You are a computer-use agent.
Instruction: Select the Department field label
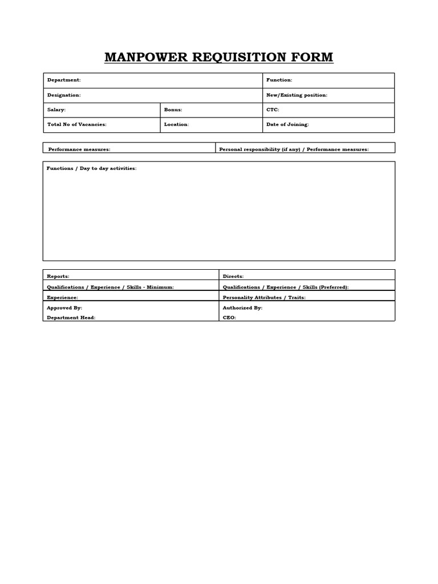click(x=64, y=80)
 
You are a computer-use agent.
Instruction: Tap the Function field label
click(x=279, y=80)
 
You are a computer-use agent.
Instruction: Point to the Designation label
click(x=64, y=95)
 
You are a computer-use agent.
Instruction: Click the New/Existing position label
click(x=297, y=95)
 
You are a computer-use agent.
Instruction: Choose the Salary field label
click(x=56, y=109)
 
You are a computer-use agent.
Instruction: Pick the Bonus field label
click(x=173, y=109)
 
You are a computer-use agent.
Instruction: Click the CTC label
click(x=273, y=109)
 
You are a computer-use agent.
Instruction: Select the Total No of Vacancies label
click(x=76, y=124)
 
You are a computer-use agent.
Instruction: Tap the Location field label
click(x=176, y=124)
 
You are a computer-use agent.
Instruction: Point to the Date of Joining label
click(x=287, y=124)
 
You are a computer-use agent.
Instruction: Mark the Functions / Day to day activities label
click(x=91, y=169)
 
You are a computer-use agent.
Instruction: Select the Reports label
click(x=58, y=277)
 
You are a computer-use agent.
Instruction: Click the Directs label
click(x=233, y=277)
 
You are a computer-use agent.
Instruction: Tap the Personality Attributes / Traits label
click(x=264, y=298)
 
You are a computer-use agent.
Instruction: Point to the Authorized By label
click(x=242, y=308)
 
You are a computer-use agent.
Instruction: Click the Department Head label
click(x=71, y=318)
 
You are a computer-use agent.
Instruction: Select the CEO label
click(x=229, y=318)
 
